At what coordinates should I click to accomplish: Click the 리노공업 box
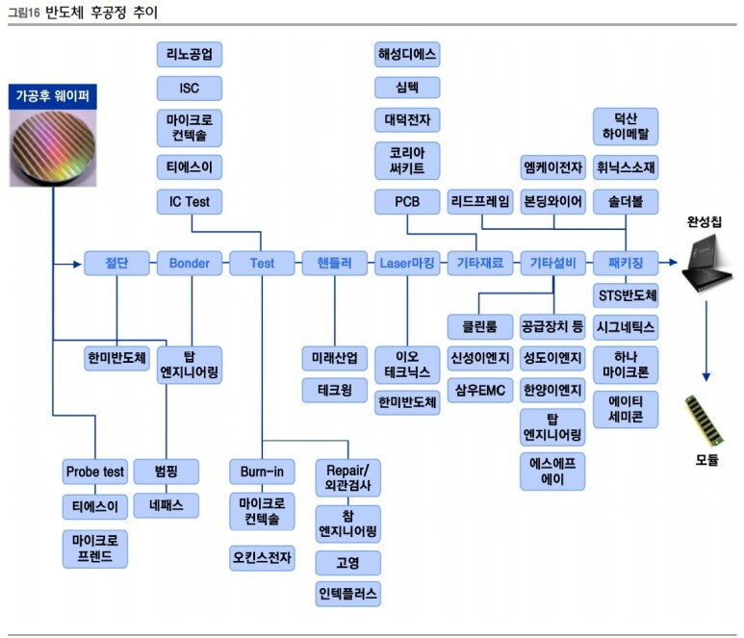coord(190,54)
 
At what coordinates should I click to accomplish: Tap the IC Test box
coord(190,202)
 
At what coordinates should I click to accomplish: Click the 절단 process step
coord(116,263)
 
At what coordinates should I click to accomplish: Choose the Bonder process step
coord(190,263)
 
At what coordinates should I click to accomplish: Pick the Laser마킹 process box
coord(407,263)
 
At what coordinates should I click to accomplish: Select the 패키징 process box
coord(626,263)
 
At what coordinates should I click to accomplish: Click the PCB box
coord(407,202)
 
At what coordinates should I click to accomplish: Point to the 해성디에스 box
coord(407,54)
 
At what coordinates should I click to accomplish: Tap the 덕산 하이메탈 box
coord(626,126)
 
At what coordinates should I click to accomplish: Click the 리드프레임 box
coord(480,202)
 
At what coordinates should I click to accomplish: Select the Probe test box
coord(94,472)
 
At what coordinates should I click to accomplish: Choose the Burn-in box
coord(262,472)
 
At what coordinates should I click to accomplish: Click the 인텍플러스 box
coord(347,593)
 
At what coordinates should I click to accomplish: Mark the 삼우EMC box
coord(480,391)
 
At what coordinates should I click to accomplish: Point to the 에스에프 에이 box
coord(552,471)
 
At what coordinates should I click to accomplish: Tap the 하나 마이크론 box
coord(626,364)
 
